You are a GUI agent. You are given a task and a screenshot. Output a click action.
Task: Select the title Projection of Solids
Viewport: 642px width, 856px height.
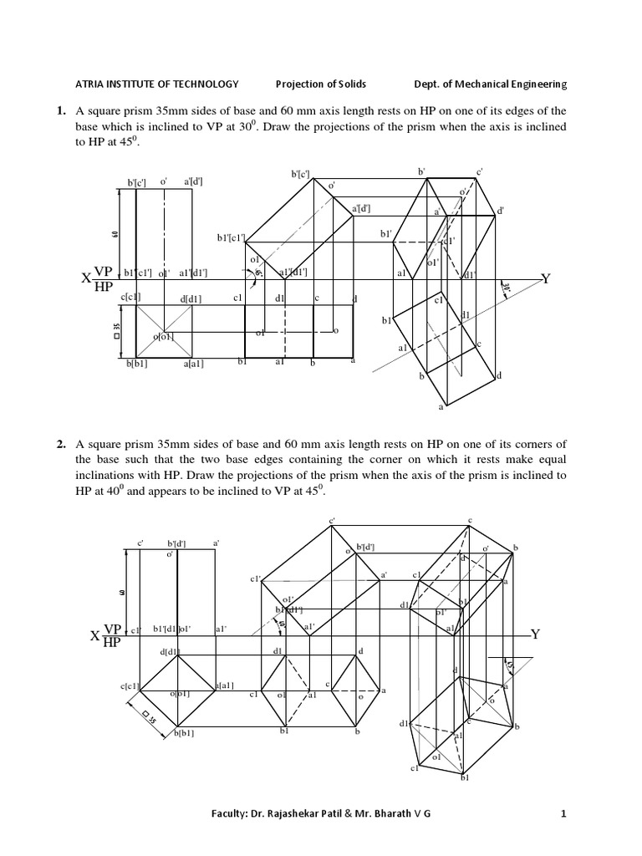click(x=321, y=84)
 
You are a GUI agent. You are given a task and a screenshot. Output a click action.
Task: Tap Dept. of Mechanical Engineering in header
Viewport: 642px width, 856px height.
click(x=490, y=84)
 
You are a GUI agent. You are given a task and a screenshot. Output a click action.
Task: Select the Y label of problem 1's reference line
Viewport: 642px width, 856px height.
click(x=546, y=279)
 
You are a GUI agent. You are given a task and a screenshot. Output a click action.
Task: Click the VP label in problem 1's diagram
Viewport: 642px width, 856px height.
click(x=103, y=272)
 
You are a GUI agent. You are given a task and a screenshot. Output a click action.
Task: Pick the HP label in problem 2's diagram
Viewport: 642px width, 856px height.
click(x=112, y=642)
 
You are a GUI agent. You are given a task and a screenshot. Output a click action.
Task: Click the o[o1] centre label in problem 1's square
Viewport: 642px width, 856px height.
click(x=163, y=337)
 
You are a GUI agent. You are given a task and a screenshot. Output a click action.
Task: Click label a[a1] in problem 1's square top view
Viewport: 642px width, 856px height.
click(x=192, y=364)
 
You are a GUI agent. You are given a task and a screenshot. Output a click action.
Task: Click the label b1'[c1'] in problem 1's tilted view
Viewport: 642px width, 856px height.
click(x=230, y=237)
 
